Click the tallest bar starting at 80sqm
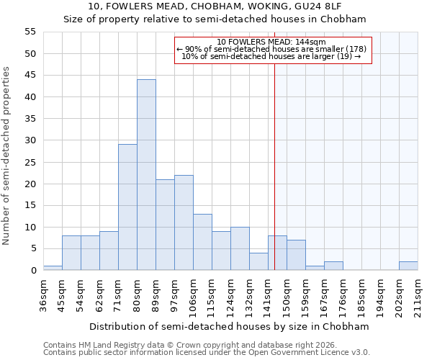tap(146, 175)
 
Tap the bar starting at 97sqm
tap(184, 222)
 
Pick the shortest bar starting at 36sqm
tap(53, 268)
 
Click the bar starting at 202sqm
tap(408, 266)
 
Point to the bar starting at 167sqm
tap(333, 266)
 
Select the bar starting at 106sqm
tap(202, 242)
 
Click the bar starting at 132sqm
tap(258, 261)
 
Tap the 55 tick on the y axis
tap(30, 32)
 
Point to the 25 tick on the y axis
tap(30, 162)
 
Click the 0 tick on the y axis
tap(33, 271)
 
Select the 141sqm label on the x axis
tap(268, 294)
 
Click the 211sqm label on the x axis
tap(418, 294)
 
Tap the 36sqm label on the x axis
tap(43, 294)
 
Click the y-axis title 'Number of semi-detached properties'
tap(6, 155)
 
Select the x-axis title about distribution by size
tap(230, 326)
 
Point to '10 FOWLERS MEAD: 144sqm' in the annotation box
tap(271, 42)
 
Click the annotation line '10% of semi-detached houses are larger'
tap(271, 56)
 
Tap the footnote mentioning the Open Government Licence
tap(207, 352)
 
